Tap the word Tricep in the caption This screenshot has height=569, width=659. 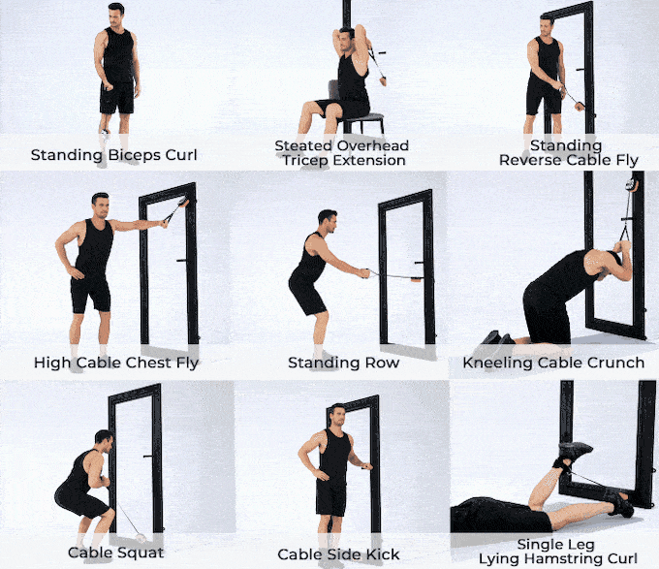pyautogui.click(x=304, y=161)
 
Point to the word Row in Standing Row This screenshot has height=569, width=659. pyautogui.click(x=382, y=363)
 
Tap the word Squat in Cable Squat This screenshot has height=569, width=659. pyautogui.click(x=142, y=553)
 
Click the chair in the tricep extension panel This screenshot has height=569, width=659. pyautogui.click(x=358, y=111)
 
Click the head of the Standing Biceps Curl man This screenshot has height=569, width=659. pyautogui.click(x=116, y=14)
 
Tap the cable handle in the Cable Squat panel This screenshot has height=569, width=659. pyautogui.click(x=141, y=538)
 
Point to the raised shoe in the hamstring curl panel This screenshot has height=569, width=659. pyautogui.click(x=574, y=452)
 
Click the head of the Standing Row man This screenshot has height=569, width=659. pyautogui.click(x=328, y=221)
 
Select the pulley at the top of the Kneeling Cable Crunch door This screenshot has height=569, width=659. pyautogui.click(x=631, y=184)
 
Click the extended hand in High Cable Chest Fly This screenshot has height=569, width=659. pyautogui.click(x=163, y=223)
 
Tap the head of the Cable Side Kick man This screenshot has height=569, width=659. pyautogui.click(x=337, y=415)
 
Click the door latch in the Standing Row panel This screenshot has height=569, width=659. pyautogui.click(x=419, y=263)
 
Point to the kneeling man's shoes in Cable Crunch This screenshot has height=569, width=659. pyautogui.click(x=497, y=338)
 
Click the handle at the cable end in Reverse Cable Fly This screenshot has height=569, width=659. pyautogui.click(x=581, y=106)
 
